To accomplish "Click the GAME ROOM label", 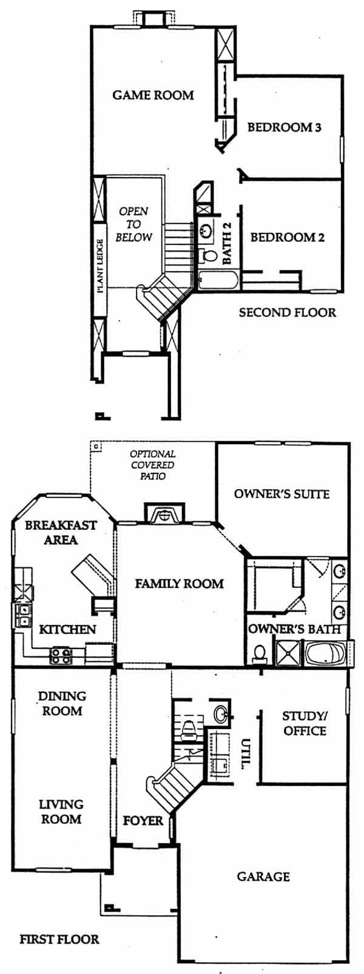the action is (153, 95).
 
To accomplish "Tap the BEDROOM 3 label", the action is (285, 127).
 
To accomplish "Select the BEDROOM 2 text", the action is (288, 238).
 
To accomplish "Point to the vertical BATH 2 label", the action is (226, 244).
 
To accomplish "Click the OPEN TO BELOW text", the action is (135, 224).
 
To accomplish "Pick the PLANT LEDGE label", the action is (101, 265).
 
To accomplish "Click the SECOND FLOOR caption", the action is (288, 312).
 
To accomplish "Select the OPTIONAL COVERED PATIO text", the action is (153, 465).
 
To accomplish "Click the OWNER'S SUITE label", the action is (281, 494).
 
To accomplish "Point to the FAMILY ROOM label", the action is (179, 583).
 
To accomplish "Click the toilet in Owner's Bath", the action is (260, 653).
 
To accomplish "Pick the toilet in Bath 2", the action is (209, 255).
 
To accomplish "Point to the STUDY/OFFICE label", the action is (305, 723).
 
